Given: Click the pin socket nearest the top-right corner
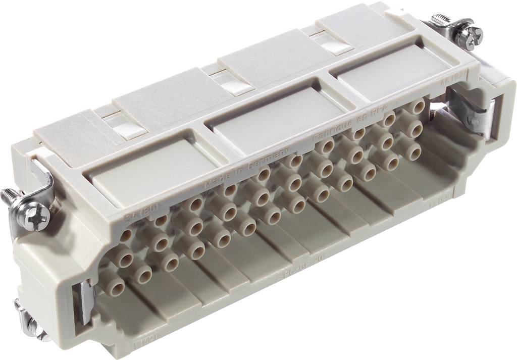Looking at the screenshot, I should [x=417, y=107].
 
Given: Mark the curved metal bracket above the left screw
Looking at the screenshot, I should [x=43, y=177].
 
